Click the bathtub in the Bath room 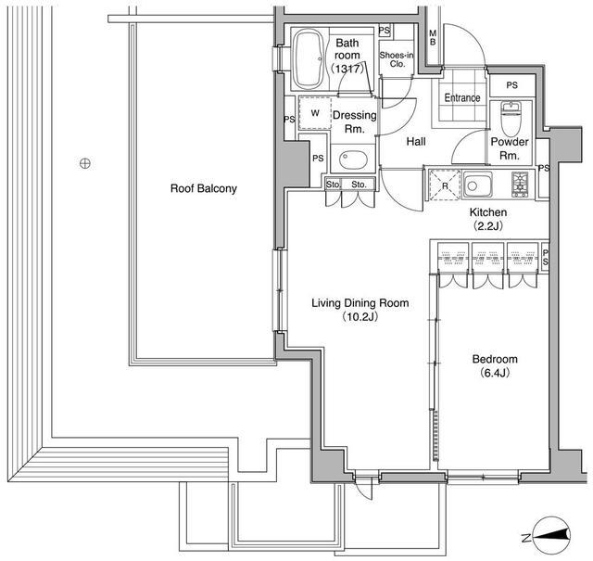click(309, 59)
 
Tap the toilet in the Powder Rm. click(511, 120)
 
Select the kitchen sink click(478, 185)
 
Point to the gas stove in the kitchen click(520, 185)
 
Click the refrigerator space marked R click(445, 185)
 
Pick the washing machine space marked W click(315, 113)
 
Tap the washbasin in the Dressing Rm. click(353, 159)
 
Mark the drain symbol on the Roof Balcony click(85, 163)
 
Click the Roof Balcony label click(204, 188)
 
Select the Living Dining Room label click(360, 303)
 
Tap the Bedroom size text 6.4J click(495, 373)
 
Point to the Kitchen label click(488, 212)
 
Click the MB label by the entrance click(433, 38)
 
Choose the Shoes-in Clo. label click(397, 59)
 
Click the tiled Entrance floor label click(462, 97)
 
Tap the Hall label click(416, 142)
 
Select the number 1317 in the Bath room click(348, 69)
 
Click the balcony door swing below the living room click(364, 489)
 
